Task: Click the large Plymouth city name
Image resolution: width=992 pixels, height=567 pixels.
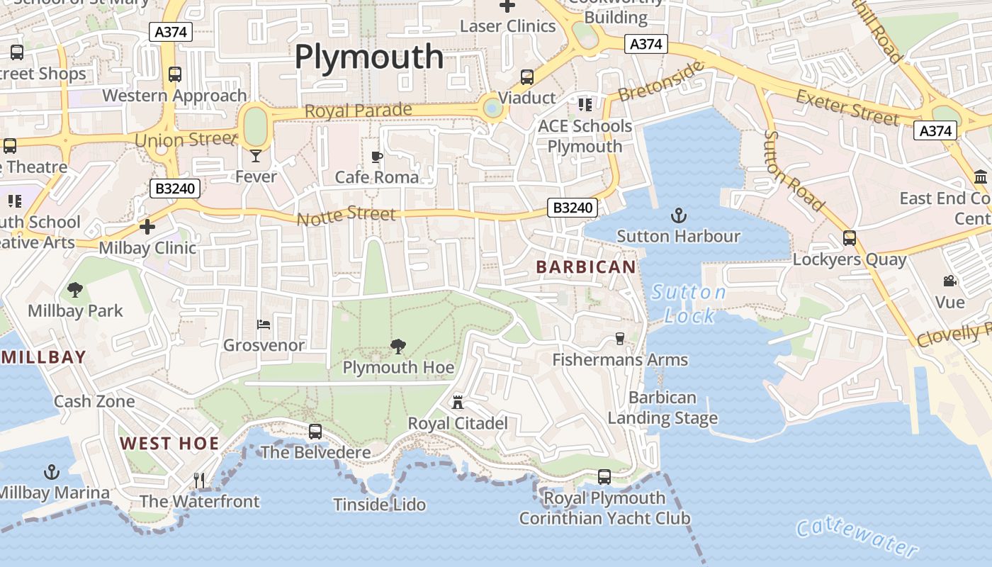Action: (368, 57)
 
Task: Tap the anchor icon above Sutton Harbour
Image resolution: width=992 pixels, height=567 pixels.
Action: (679, 214)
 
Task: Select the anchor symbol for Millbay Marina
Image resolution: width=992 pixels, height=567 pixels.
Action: (51, 471)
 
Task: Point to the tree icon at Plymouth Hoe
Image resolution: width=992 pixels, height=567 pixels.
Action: (398, 346)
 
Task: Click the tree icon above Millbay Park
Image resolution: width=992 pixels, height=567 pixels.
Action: (74, 289)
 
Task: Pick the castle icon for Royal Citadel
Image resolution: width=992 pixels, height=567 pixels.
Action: (458, 403)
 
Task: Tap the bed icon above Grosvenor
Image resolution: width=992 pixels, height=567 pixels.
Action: (263, 325)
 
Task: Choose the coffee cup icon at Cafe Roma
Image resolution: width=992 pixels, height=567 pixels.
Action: (377, 157)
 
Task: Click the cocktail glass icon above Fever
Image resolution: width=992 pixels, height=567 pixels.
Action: (256, 155)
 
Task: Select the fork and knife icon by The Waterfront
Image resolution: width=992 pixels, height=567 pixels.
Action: (199, 481)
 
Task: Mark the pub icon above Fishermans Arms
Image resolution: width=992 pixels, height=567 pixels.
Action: (620, 339)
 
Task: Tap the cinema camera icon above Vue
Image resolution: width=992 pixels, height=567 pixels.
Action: (949, 281)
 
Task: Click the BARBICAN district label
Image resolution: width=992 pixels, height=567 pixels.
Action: (586, 267)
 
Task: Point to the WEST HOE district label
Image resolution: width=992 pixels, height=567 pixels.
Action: (169, 444)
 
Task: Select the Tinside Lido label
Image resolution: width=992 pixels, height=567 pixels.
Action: (380, 505)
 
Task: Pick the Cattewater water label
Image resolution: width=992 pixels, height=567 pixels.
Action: (857, 537)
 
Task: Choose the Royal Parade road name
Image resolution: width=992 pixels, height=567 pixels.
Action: (358, 111)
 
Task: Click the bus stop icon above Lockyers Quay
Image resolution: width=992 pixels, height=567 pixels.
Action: (849, 238)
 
